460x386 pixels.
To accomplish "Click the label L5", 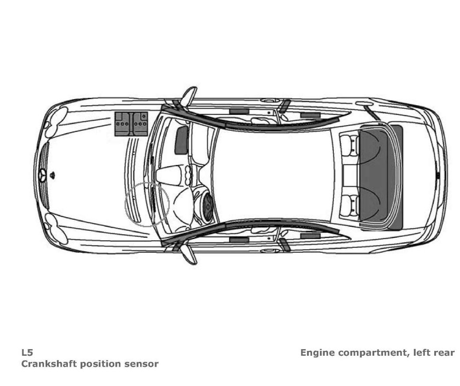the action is [27, 353].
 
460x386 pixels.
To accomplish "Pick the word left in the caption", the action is [420, 353].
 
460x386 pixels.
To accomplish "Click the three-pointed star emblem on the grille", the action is [43, 175].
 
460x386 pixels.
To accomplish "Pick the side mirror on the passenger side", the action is [189, 96].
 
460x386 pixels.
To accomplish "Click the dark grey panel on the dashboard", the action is [181, 140].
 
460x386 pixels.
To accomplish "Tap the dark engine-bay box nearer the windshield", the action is [141, 123].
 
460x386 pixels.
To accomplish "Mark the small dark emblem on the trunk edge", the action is [438, 175].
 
